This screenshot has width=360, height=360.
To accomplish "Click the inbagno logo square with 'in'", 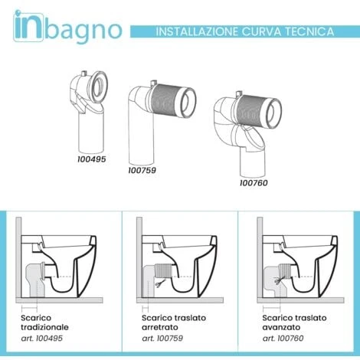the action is coord(28,26).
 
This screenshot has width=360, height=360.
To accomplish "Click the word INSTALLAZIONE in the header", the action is coord(197,31).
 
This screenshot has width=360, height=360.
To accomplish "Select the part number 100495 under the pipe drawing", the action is coord(92,159).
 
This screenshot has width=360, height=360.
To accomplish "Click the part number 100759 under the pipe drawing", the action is coord(142,170).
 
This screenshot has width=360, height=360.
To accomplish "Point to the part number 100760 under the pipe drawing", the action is coord(254,183).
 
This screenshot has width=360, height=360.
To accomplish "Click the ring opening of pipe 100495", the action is coord(98,86).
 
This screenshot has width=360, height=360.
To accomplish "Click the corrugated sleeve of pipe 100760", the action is coord(252,110).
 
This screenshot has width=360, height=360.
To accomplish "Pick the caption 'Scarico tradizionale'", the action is coord(44,322).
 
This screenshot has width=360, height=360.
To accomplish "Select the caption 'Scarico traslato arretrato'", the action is coord(174,322).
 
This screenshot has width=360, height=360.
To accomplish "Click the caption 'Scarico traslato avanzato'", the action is coord(294,322).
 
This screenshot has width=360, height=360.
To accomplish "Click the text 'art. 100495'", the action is coord(41,339).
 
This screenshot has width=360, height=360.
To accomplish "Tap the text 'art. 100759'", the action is coord(162,339).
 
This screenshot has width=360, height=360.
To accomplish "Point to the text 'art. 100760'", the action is coord(283,339).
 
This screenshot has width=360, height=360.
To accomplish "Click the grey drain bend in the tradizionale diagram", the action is coord(35,278).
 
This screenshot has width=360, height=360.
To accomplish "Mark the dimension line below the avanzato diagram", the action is coord(271,309).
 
